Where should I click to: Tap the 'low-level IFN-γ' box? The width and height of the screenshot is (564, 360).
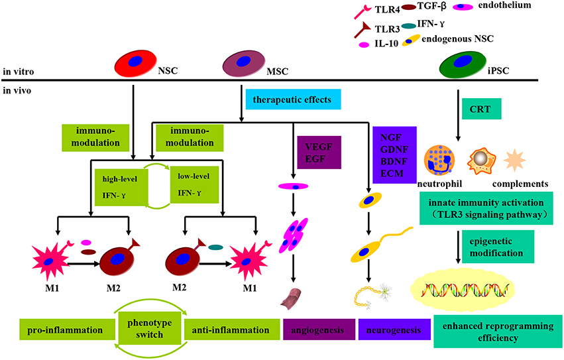pyautogui.click(x=194, y=184)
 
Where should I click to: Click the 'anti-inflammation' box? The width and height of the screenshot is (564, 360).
pyautogui.click(x=229, y=330)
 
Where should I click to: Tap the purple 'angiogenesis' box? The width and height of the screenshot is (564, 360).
pyautogui.click(x=315, y=330)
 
